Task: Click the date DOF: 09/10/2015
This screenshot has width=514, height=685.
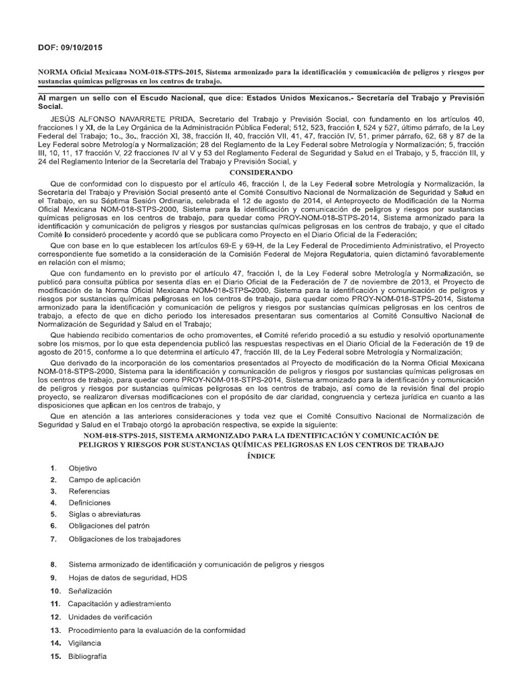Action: [69, 47]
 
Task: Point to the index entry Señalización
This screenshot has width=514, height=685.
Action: [90, 591]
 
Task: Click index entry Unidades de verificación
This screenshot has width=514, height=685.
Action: [110, 617]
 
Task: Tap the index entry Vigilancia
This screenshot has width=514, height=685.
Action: [85, 642]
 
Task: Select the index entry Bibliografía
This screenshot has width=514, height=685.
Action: [88, 656]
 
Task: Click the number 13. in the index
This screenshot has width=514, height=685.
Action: [55, 630]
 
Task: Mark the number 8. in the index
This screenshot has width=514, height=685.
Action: [53, 565]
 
